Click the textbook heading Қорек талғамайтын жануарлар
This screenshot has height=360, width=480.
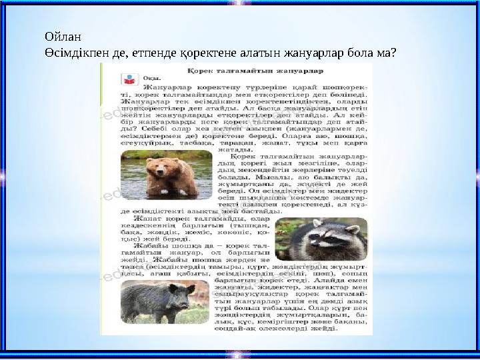(x=256, y=69)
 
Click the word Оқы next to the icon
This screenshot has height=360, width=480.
(x=151, y=79)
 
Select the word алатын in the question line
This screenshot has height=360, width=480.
(x=269, y=51)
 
